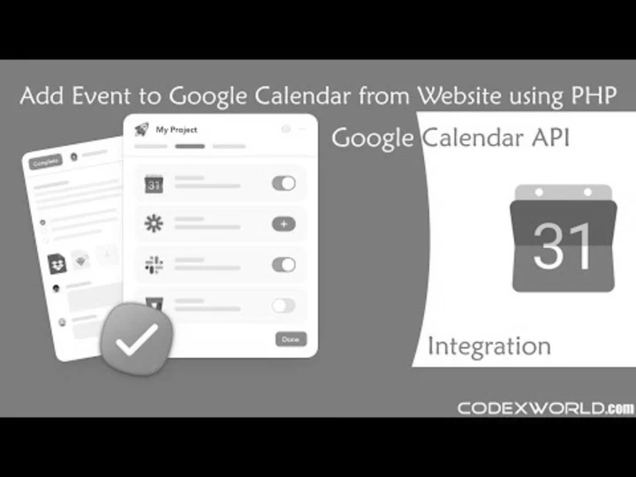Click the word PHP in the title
(x=596, y=95)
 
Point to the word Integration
(x=488, y=345)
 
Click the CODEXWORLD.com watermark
(x=545, y=408)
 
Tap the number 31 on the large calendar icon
(x=563, y=245)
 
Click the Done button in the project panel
(x=291, y=339)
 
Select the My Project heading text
(x=177, y=130)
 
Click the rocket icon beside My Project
(x=141, y=130)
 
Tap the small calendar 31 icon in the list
(x=154, y=184)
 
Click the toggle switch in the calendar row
(x=284, y=184)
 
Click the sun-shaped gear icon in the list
(x=154, y=224)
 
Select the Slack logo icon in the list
(x=154, y=264)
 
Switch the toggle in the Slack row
(x=284, y=264)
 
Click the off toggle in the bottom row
(x=284, y=305)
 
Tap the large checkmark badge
(x=137, y=337)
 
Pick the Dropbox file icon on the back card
(x=57, y=262)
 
